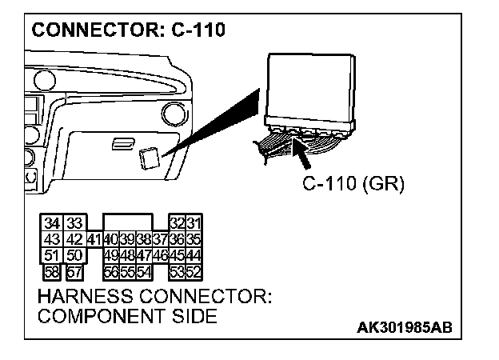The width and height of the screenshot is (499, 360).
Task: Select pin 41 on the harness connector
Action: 94,238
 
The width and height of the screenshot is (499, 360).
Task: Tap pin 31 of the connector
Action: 194,223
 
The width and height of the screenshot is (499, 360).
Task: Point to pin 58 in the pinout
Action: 54,270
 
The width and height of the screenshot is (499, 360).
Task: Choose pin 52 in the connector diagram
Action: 194,270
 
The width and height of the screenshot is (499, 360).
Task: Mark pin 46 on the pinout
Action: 160,254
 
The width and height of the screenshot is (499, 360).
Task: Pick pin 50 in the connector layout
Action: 74,254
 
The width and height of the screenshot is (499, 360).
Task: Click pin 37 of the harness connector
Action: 160,238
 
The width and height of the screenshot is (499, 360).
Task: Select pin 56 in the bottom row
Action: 111,270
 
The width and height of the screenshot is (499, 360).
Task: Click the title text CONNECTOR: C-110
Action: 128,31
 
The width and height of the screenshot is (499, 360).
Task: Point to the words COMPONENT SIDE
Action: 127,317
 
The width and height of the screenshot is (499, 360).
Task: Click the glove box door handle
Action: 123,142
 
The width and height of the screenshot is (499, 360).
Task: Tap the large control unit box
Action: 309,84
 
